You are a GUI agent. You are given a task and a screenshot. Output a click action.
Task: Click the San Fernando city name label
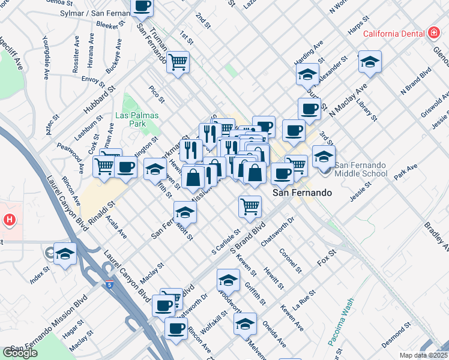click(x=302, y=193)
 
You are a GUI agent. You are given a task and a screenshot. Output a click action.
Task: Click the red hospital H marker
click(x=9, y=220)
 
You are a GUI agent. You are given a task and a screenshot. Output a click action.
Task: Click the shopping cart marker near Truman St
click(x=178, y=61)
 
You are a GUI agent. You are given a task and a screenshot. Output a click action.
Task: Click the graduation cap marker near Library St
click(x=370, y=61)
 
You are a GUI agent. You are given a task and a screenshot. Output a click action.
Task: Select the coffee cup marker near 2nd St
click(x=142, y=7)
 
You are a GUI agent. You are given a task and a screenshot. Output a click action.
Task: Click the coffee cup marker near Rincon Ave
click(x=176, y=328)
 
